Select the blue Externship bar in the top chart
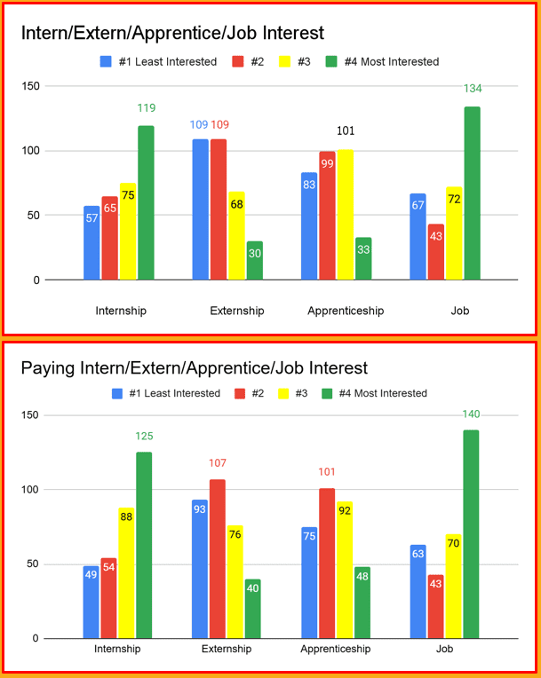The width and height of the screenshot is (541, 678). (x=201, y=209)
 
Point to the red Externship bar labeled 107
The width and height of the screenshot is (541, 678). (x=218, y=559)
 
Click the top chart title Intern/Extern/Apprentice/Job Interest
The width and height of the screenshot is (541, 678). (x=172, y=33)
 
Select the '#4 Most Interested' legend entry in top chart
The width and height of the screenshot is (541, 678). (x=382, y=62)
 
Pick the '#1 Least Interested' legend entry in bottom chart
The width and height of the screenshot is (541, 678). (x=166, y=393)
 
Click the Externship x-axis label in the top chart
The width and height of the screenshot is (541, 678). (x=236, y=311)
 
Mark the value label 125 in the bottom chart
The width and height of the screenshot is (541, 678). (x=144, y=436)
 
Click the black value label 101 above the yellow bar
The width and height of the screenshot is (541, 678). (x=345, y=133)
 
